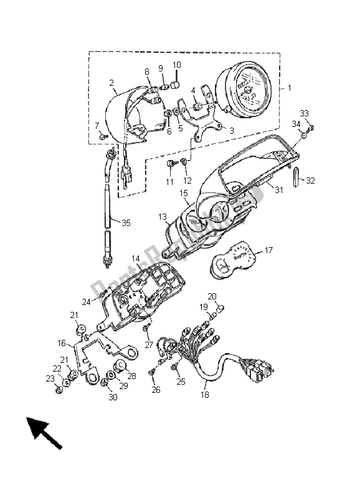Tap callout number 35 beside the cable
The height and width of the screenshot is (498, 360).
(126, 222)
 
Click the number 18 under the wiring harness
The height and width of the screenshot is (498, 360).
(205, 395)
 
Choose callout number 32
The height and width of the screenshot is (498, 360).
(311, 181)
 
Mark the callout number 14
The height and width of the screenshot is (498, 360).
(135, 258)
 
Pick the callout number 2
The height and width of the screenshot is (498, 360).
(111, 83)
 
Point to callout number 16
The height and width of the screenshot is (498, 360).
(61, 343)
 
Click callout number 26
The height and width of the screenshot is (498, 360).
(155, 390)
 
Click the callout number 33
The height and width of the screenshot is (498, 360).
(304, 113)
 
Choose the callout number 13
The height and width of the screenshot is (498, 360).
(163, 217)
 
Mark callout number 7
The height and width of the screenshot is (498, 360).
(97, 126)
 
